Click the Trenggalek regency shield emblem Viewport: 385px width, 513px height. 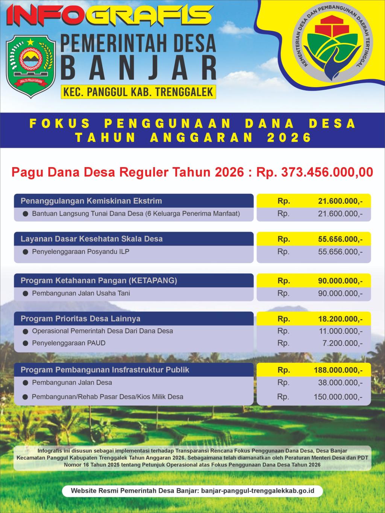[x=31, y=61]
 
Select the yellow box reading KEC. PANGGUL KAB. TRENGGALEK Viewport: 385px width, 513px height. [x=138, y=92]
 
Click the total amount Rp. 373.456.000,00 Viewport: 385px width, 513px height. [x=315, y=172]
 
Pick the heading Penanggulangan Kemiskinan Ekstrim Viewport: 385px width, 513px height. [x=91, y=201]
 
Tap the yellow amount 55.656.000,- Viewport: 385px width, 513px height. [x=340, y=239]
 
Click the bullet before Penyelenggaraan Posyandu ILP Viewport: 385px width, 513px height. [x=25, y=252]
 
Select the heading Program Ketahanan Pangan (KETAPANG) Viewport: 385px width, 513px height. [x=99, y=281]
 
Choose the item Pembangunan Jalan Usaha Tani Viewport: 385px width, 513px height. [x=81, y=293]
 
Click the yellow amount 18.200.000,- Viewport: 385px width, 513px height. [x=340, y=319]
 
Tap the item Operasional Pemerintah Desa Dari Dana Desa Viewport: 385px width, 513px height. [x=102, y=331]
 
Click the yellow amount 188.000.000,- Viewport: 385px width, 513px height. [x=338, y=370]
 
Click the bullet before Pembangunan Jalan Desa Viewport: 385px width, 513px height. [x=25, y=383]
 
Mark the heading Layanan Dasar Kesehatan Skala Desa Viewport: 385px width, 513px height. [x=91, y=239]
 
